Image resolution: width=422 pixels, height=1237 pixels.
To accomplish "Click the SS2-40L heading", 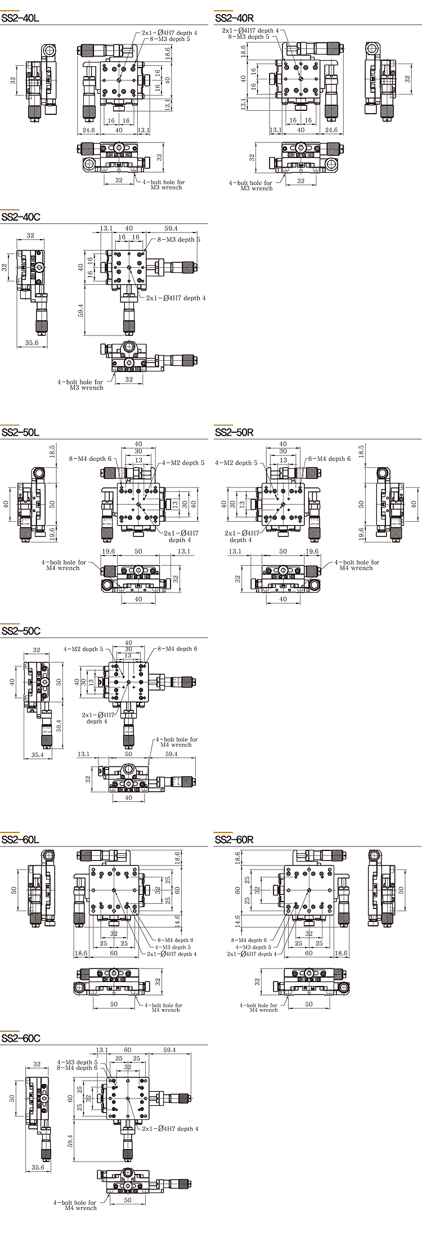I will (20, 17).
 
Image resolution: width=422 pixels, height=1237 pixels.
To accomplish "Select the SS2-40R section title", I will (234, 17).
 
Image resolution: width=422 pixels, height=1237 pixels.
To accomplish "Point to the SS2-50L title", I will (20, 432).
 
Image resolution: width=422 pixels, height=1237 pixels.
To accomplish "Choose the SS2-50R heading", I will (234, 432).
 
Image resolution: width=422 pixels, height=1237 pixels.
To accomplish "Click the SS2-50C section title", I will (21, 631).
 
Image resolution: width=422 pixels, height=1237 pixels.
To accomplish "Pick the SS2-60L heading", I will (20, 840).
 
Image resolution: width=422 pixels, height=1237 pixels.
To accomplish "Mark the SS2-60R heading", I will (234, 840).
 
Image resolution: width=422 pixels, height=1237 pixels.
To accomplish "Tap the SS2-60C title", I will (21, 1038).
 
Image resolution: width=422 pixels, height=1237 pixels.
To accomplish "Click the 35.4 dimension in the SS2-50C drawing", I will (38, 755).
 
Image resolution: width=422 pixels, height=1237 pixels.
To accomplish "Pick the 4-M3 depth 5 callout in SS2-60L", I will (173, 947).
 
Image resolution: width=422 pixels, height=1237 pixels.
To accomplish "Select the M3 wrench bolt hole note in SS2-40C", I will (81, 384).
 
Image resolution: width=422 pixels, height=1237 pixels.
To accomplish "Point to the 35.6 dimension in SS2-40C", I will (32, 342).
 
